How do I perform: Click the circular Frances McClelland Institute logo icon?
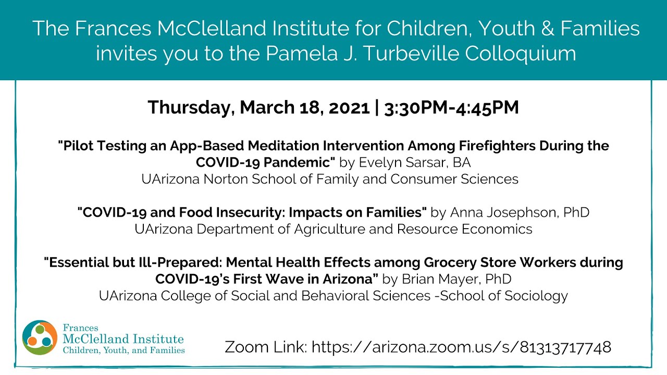40,337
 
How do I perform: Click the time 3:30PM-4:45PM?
451,108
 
